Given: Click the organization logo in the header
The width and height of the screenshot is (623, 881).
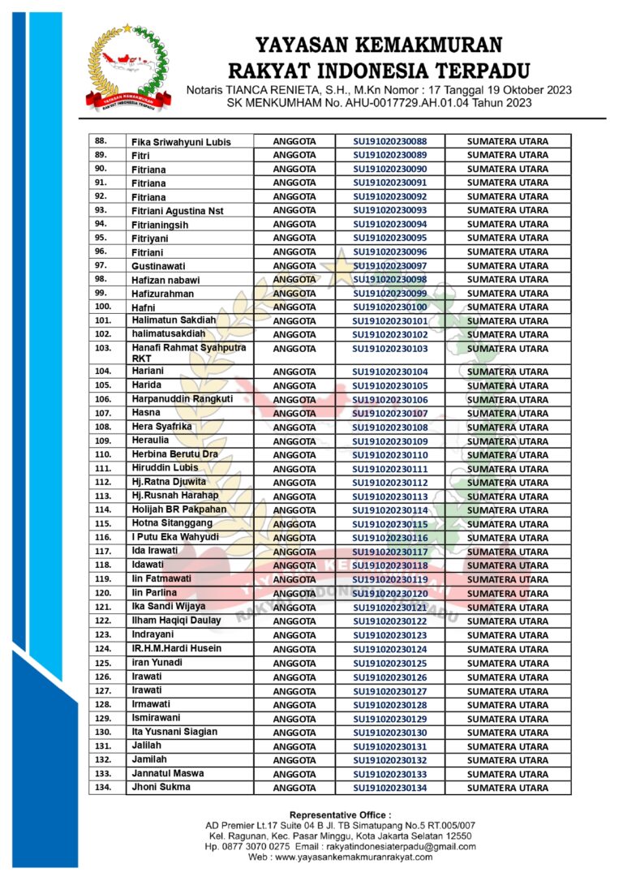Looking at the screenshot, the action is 130,68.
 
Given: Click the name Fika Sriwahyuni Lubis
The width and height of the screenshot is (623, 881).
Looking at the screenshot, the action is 181,142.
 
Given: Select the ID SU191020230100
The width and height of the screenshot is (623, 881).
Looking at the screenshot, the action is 389,307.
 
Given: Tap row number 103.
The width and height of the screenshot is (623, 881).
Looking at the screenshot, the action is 103,348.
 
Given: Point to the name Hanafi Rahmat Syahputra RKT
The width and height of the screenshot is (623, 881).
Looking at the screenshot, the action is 188,353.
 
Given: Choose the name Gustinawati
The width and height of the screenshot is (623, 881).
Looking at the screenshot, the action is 158,266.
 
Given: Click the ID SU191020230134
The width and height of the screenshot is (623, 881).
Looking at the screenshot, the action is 389,788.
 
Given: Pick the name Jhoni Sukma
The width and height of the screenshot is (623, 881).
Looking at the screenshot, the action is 161,787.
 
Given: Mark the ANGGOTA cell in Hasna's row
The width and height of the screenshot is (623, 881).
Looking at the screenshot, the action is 294,414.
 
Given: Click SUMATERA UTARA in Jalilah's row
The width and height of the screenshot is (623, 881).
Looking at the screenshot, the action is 508,746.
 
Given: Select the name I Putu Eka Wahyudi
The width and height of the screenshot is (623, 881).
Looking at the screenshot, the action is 175,537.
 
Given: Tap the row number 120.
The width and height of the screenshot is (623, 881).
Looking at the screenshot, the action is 103,594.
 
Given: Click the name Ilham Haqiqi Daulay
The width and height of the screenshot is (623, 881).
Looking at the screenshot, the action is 176,621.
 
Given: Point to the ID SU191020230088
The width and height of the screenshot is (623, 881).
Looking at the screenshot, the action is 389,141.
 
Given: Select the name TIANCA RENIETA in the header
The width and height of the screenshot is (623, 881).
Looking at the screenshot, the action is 263,89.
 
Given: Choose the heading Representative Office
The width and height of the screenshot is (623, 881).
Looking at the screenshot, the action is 340,814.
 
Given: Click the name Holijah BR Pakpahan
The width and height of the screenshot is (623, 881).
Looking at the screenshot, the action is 179,509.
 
